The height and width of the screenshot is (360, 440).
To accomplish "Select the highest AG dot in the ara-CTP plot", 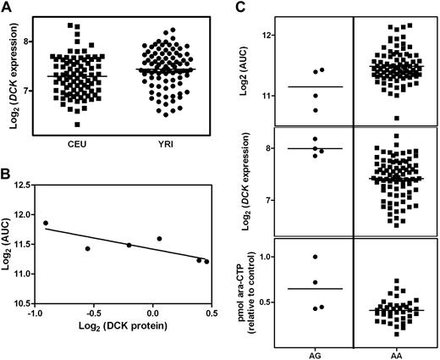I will pyautogui.click(x=315, y=257).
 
